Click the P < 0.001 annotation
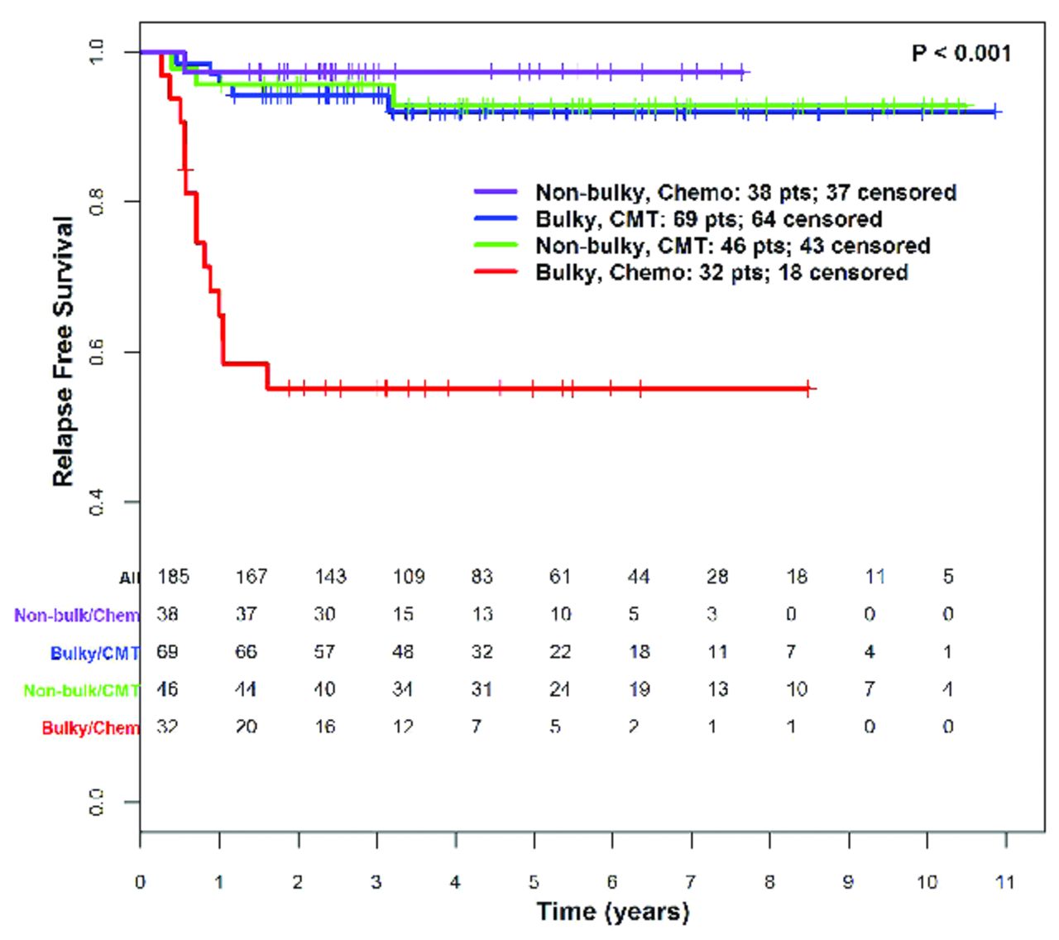click(x=961, y=54)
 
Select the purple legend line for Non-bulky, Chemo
click(x=496, y=192)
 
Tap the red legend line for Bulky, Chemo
click(x=496, y=271)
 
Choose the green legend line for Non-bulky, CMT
click(x=496, y=245)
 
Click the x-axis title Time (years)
click(x=612, y=912)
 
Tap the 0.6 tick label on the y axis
click(x=97, y=352)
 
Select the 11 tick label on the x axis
click(x=1004, y=882)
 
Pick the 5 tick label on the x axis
click(x=534, y=882)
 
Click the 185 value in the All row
click(x=173, y=577)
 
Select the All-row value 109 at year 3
click(x=409, y=577)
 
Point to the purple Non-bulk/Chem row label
click(x=76, y=616)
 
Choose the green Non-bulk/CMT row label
click(x=81, y=690)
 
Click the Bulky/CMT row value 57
click(x=324, y=652)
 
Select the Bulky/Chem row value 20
click(x=246, y=727)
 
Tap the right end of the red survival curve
click(x=815, y=388)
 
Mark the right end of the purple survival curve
click(x=748, y=72)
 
